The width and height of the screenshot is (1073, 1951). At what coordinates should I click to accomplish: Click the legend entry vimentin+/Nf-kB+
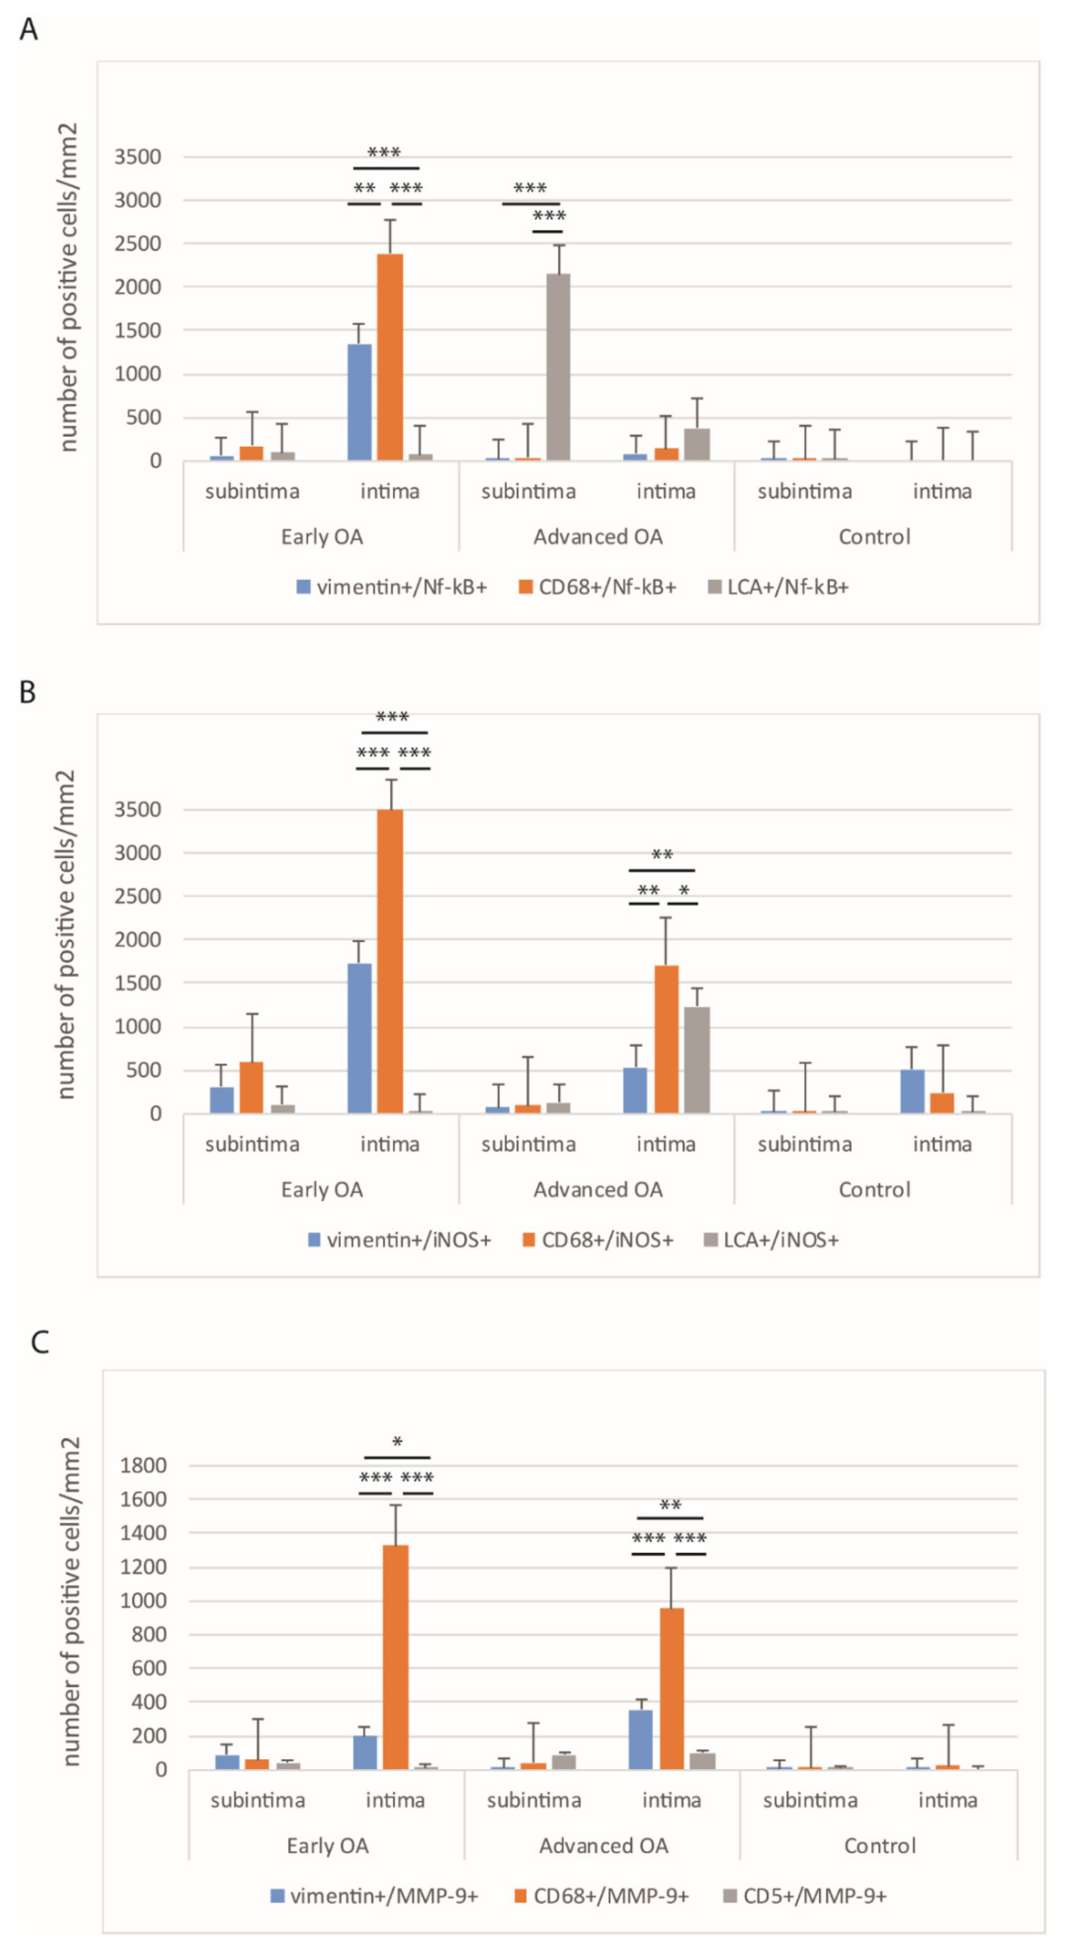coord(392,587)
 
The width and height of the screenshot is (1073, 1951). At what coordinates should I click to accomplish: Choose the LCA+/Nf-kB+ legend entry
coord(778,587)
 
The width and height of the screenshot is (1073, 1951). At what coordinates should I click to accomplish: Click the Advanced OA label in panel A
coord(598,537)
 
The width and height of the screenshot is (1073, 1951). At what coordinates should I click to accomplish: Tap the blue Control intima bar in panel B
coord(912,1091)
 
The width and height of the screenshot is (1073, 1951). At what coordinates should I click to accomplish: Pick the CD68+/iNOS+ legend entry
coord(598,1240)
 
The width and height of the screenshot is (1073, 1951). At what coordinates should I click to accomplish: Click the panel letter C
coord(40,1342)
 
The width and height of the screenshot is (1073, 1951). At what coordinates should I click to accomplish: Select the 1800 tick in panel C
coord(143,1465)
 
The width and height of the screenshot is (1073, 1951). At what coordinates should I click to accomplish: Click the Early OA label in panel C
coord(327,1846)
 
